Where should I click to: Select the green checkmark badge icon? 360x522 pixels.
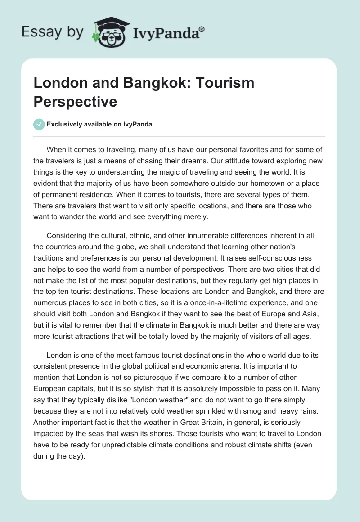[x=39, y=124]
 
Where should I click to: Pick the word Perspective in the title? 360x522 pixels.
[x=75, y=101]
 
